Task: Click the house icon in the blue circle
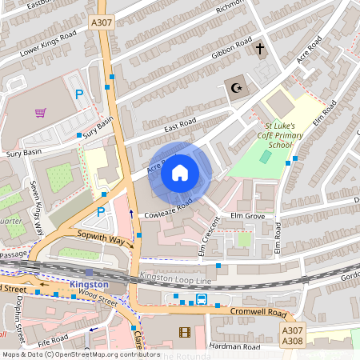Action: tap(180, 172)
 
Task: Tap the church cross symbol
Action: tap(259, 50)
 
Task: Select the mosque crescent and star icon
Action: tap(235, 88)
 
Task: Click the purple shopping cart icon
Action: tap(40, 112)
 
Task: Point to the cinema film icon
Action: tap(186, 332)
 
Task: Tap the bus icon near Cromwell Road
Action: tap(202, 300)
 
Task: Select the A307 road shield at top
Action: tap(102, 23)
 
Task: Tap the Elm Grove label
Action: tap(247, 216)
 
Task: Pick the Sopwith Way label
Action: tap(101, 238)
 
